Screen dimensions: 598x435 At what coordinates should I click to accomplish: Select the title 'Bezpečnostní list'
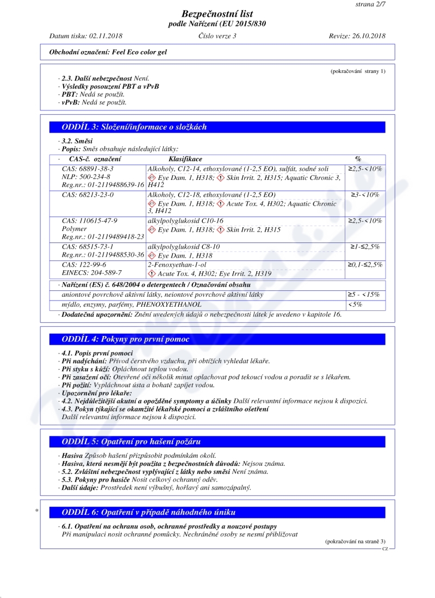click(217, 14)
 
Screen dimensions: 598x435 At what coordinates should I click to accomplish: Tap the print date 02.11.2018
click(105, 36)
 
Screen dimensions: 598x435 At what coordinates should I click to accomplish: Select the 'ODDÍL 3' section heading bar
click(217, 127)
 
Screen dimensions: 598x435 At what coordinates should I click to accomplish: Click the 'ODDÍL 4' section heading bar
click(217, 339)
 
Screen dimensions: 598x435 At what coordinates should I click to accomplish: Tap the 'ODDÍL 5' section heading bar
click(217, 441)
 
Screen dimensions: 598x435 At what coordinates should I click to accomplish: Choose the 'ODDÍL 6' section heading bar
click(217, 512)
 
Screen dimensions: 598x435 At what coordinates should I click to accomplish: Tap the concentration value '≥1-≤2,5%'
click(365, 247)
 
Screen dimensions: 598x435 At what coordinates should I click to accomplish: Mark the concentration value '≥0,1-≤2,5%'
click(365, 265)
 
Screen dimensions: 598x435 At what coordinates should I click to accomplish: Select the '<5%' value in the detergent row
click(355, 305)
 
